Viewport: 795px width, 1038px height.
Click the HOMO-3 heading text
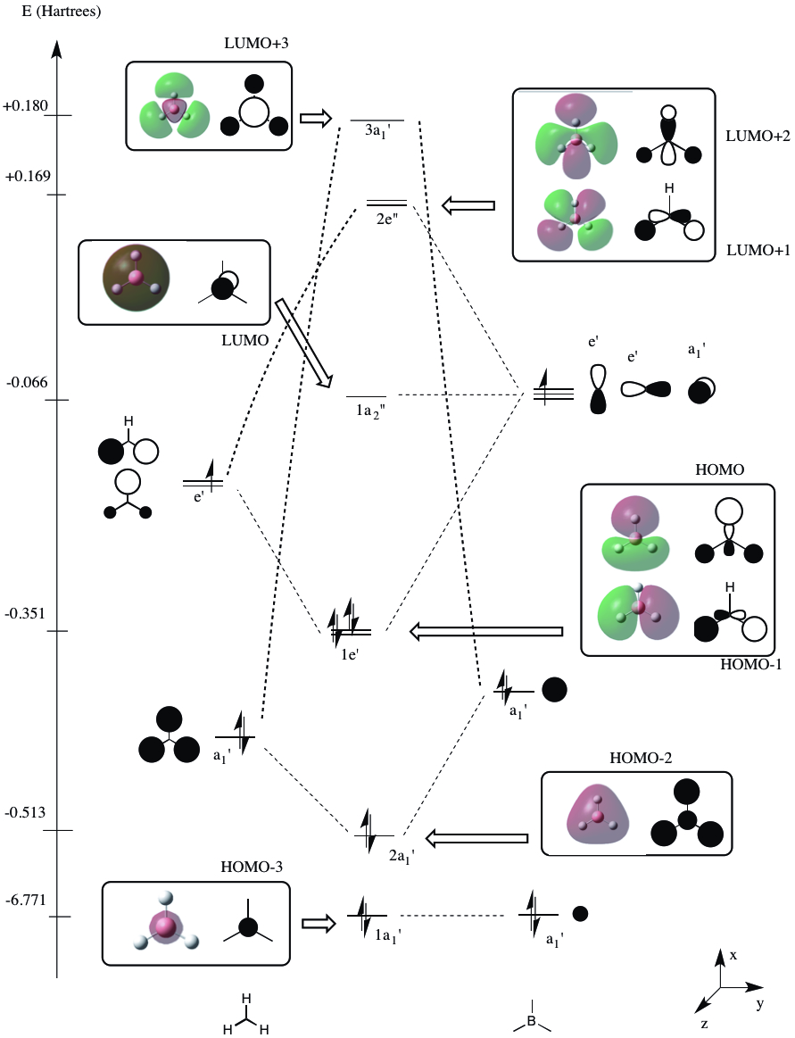[246, 868]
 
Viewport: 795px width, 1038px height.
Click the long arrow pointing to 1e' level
[486, 632]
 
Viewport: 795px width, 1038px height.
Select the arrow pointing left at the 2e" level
[469, 206]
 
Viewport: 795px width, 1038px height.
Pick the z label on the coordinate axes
[705, 1024]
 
